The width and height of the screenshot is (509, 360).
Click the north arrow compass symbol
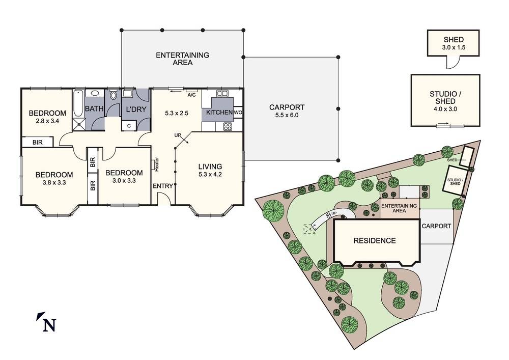(x=46, y=323)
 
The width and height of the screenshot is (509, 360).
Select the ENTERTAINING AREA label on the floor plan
(x=182, y=59)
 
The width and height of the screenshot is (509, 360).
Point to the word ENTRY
(x=163, y=186)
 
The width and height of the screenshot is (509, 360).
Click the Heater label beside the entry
(x=157, y=163)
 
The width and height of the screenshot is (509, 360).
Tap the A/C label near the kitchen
(x=192, y=95)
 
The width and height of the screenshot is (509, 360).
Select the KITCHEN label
(x=219, y=112)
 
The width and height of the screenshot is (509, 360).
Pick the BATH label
(x=94, y=109)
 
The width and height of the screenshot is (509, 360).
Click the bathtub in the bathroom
(x=78, y=104)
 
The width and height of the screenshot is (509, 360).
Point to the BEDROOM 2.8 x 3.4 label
(x=47, y=117)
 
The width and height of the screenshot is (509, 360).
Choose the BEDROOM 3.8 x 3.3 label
(x=54, y=179)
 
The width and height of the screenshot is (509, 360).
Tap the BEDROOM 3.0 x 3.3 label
(x=124, y=177)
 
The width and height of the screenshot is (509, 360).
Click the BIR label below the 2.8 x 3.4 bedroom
(x=38, y=143)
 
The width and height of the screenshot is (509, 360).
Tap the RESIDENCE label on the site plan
(x=375, y=241)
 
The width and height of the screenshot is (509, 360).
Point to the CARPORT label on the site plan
(x=436, y=226)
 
